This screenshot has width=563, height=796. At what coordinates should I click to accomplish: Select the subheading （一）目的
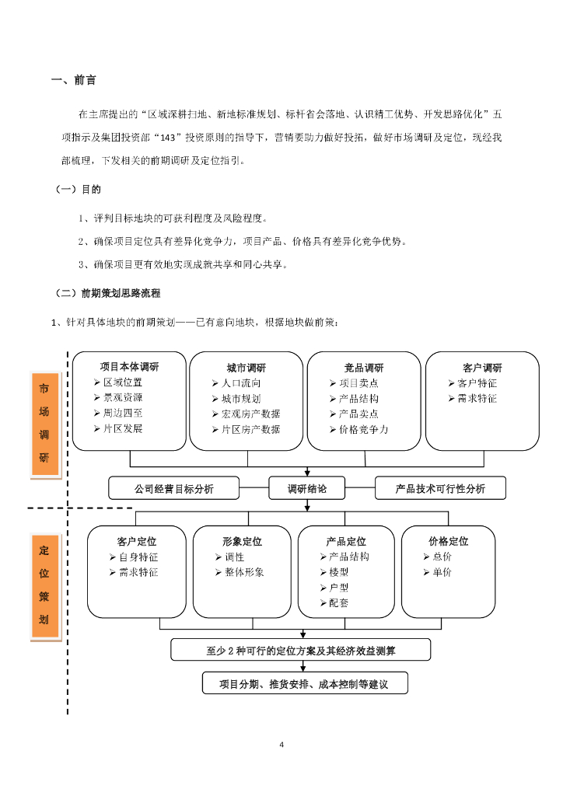coord(79,189)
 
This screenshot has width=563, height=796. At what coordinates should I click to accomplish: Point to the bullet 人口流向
coord(241,383)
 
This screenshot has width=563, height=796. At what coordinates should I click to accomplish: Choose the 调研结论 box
coord(308,488)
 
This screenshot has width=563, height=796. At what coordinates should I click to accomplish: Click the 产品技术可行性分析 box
coord(440,488)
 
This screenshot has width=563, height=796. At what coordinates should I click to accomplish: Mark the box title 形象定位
coord(242,541)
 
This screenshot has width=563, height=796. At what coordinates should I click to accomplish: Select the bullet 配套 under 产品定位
coord(339,602)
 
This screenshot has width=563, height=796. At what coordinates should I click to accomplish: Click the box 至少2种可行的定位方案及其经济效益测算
coord(300,648)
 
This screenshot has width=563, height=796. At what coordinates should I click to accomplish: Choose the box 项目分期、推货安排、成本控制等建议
coord(302,684)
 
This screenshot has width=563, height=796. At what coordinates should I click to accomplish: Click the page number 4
coord(281,745)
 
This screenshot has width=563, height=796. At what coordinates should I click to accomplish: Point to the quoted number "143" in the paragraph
coord(164,138)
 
